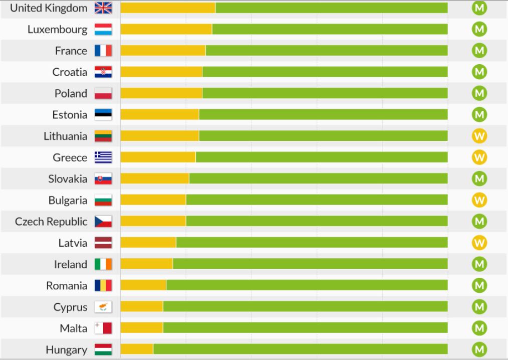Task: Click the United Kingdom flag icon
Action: click(x=103, y=8)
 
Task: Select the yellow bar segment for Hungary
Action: click(x=137, y=349)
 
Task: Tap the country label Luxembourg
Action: click(x=57, y=30)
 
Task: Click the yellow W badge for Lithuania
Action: click(x=479, y=136)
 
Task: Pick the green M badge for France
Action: click(x=479, y=51)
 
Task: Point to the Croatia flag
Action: click(x=103, y=72)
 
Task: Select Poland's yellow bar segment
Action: click(x=161, y=93)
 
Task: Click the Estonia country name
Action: click(x=70, y=115)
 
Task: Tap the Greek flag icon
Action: click(x=103, y=157)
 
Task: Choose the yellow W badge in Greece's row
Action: click(x=479, y=157)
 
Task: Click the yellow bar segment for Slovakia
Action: click(x=155, y=178)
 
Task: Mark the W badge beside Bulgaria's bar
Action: click(x=479, y=200)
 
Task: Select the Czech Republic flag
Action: click(x=103, y=222)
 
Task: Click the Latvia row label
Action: click(x=73, y=243)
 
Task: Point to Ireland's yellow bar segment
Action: click(x=147, y=264)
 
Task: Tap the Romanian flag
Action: click(x=103, y=286)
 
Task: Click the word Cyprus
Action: click(x=70, y=307)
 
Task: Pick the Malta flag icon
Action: click(x=103, y=328)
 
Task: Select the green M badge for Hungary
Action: click(x=479, y=349)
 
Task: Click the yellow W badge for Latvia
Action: click(x=479, y=243)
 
